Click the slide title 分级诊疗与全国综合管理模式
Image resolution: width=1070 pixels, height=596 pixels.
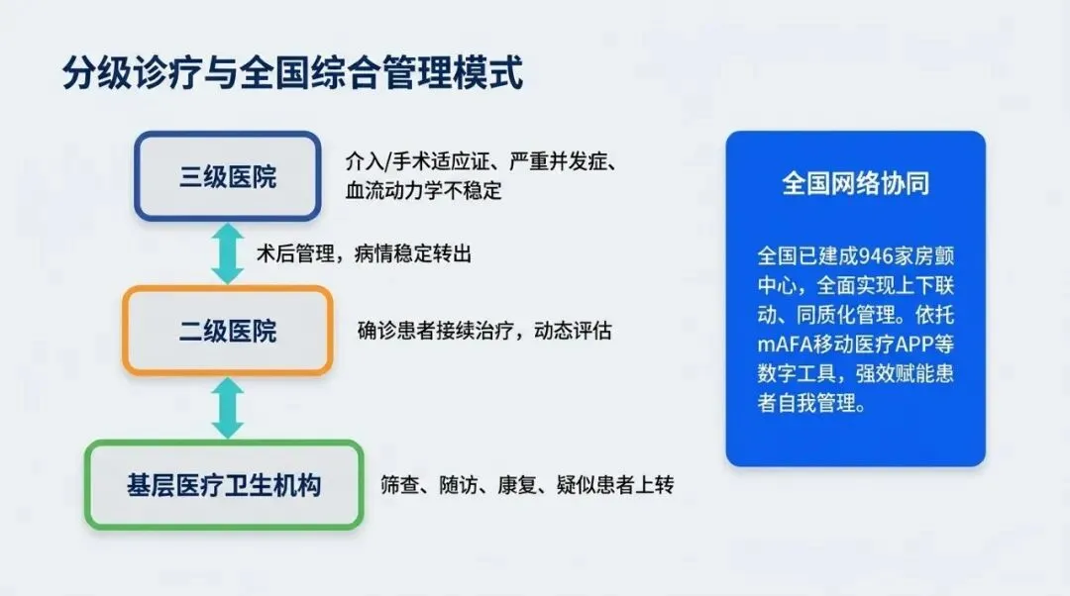[x=292, y=72]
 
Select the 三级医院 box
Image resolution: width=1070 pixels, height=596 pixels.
[x=227, y=176]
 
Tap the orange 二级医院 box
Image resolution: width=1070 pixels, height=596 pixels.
[x=227, y=331]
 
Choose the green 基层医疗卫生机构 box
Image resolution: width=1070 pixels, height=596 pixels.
[x=224, y=485]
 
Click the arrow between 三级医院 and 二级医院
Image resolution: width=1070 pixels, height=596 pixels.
[x=227, y=253]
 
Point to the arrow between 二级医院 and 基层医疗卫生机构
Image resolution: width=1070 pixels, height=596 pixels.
[x=227, y=409]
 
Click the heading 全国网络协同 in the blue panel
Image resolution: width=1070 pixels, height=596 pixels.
[x=855, y=183]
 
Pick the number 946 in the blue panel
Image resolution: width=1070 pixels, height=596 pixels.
[x=876, y=256]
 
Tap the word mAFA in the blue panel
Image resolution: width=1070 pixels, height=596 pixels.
[x=785, y=345]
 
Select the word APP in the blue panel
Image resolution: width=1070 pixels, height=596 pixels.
[x=914, y=345]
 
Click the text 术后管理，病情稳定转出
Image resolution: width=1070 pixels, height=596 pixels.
[x=364, y=253]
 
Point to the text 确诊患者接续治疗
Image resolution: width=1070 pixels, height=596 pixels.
[x=435, y=331]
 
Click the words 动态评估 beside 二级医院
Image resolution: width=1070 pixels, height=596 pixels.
[x=573, y=331]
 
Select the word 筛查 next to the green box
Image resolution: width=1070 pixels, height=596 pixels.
[x=400, y=485]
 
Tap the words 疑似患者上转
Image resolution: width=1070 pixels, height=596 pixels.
[x=615, y=485]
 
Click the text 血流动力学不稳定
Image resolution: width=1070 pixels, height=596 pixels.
[x=423, y=190]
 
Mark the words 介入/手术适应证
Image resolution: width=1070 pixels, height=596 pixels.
[x=417, y=161]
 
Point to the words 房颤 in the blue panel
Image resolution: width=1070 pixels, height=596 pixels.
[x=934, y=256]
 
